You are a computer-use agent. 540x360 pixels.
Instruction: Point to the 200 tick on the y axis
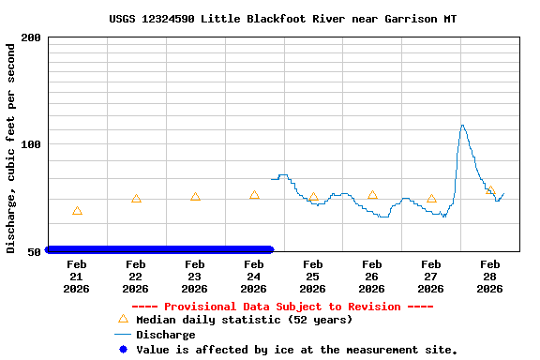[31, 37]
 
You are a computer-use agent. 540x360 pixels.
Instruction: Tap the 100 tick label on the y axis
[31, 144]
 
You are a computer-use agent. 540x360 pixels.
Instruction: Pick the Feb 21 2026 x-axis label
[77, 276]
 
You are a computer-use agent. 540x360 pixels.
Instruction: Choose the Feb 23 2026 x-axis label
[195, 276]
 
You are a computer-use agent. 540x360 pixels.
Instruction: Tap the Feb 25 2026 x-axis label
[313, 276]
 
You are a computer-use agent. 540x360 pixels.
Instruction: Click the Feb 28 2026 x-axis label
[490, 276]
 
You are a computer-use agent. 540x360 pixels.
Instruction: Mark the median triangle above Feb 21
[77, 211]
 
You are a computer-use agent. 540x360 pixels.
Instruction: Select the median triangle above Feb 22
[136, 199]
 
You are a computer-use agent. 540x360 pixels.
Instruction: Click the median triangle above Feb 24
[254, 195]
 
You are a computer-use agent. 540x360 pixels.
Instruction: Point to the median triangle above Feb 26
[372, 195]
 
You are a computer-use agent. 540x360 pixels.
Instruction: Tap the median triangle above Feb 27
[431, 199]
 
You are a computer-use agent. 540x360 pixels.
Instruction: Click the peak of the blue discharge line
[462, 125]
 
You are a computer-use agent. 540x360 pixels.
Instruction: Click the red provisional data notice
[282, 307]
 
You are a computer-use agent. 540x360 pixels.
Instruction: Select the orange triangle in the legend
[123, 319]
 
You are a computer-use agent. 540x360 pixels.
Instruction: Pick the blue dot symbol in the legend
[123, 350]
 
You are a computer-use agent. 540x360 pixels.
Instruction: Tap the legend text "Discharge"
[166, 335]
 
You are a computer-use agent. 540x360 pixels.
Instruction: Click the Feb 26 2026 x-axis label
[372, 276]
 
